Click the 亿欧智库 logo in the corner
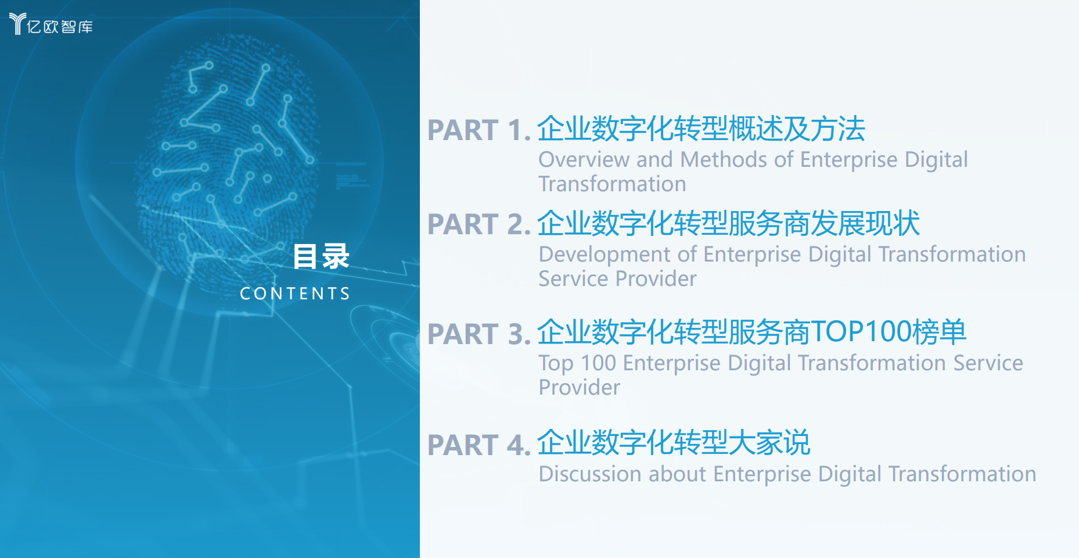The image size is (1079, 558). [51, 24]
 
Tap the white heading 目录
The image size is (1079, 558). [321, 256]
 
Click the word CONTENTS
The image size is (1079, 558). [295, 294]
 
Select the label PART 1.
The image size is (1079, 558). [479, 130]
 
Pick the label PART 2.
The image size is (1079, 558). [479, 224]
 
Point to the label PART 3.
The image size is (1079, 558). [479, 334]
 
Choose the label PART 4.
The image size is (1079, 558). [479, 445]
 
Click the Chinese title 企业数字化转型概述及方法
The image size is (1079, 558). [701, 129]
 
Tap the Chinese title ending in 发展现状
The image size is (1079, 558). [728, 223]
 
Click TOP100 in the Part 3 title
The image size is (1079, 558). [861, 332]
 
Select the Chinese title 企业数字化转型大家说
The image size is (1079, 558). [674, 443]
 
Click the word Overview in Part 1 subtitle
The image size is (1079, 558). [584, 159]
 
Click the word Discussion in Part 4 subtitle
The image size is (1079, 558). [590, 474]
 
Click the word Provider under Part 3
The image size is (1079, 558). [580, 388]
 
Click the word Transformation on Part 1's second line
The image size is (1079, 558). [612, 184]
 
